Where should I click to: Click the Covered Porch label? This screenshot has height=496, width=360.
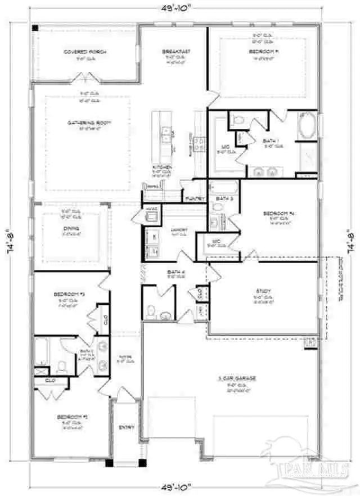[85, 52]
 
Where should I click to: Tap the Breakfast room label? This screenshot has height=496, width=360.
[175, 52]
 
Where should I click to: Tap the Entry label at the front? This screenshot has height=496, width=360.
[127, 428]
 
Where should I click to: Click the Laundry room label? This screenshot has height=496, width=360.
[180, 229]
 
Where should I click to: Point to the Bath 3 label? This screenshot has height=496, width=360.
[224, 199]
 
